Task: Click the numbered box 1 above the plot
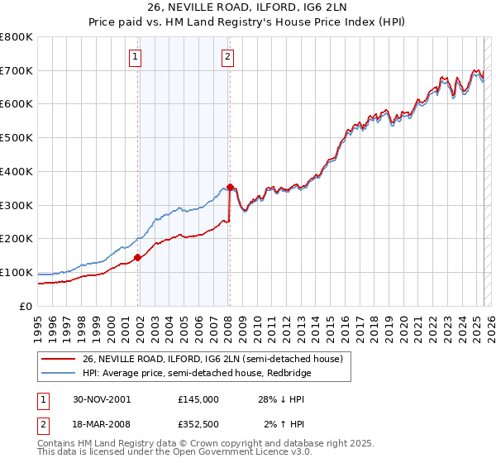coord(135,57)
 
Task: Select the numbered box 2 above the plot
coord(227,57)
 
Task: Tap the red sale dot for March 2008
coord(230,187)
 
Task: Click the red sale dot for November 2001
coord(138,257)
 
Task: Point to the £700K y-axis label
coord(17,70)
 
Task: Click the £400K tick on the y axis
coord(17,171)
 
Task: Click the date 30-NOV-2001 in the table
coord(102,399)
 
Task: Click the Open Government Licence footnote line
coord(174,454)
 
